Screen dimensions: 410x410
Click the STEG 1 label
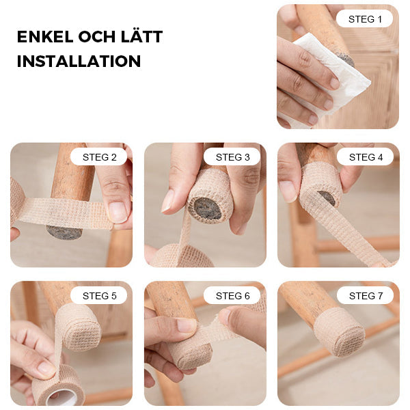(365, 19)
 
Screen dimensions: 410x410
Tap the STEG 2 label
(99, 157)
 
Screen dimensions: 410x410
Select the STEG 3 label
(232, 157)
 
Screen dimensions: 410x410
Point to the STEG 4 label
(366, 157)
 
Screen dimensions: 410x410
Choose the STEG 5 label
(99, 296)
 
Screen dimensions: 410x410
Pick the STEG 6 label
(232, 296)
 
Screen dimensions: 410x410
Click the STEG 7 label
(366, 296)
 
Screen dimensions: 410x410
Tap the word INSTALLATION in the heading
(79, 61)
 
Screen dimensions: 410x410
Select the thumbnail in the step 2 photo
(118, 212)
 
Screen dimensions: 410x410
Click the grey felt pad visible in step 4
(328, 197)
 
